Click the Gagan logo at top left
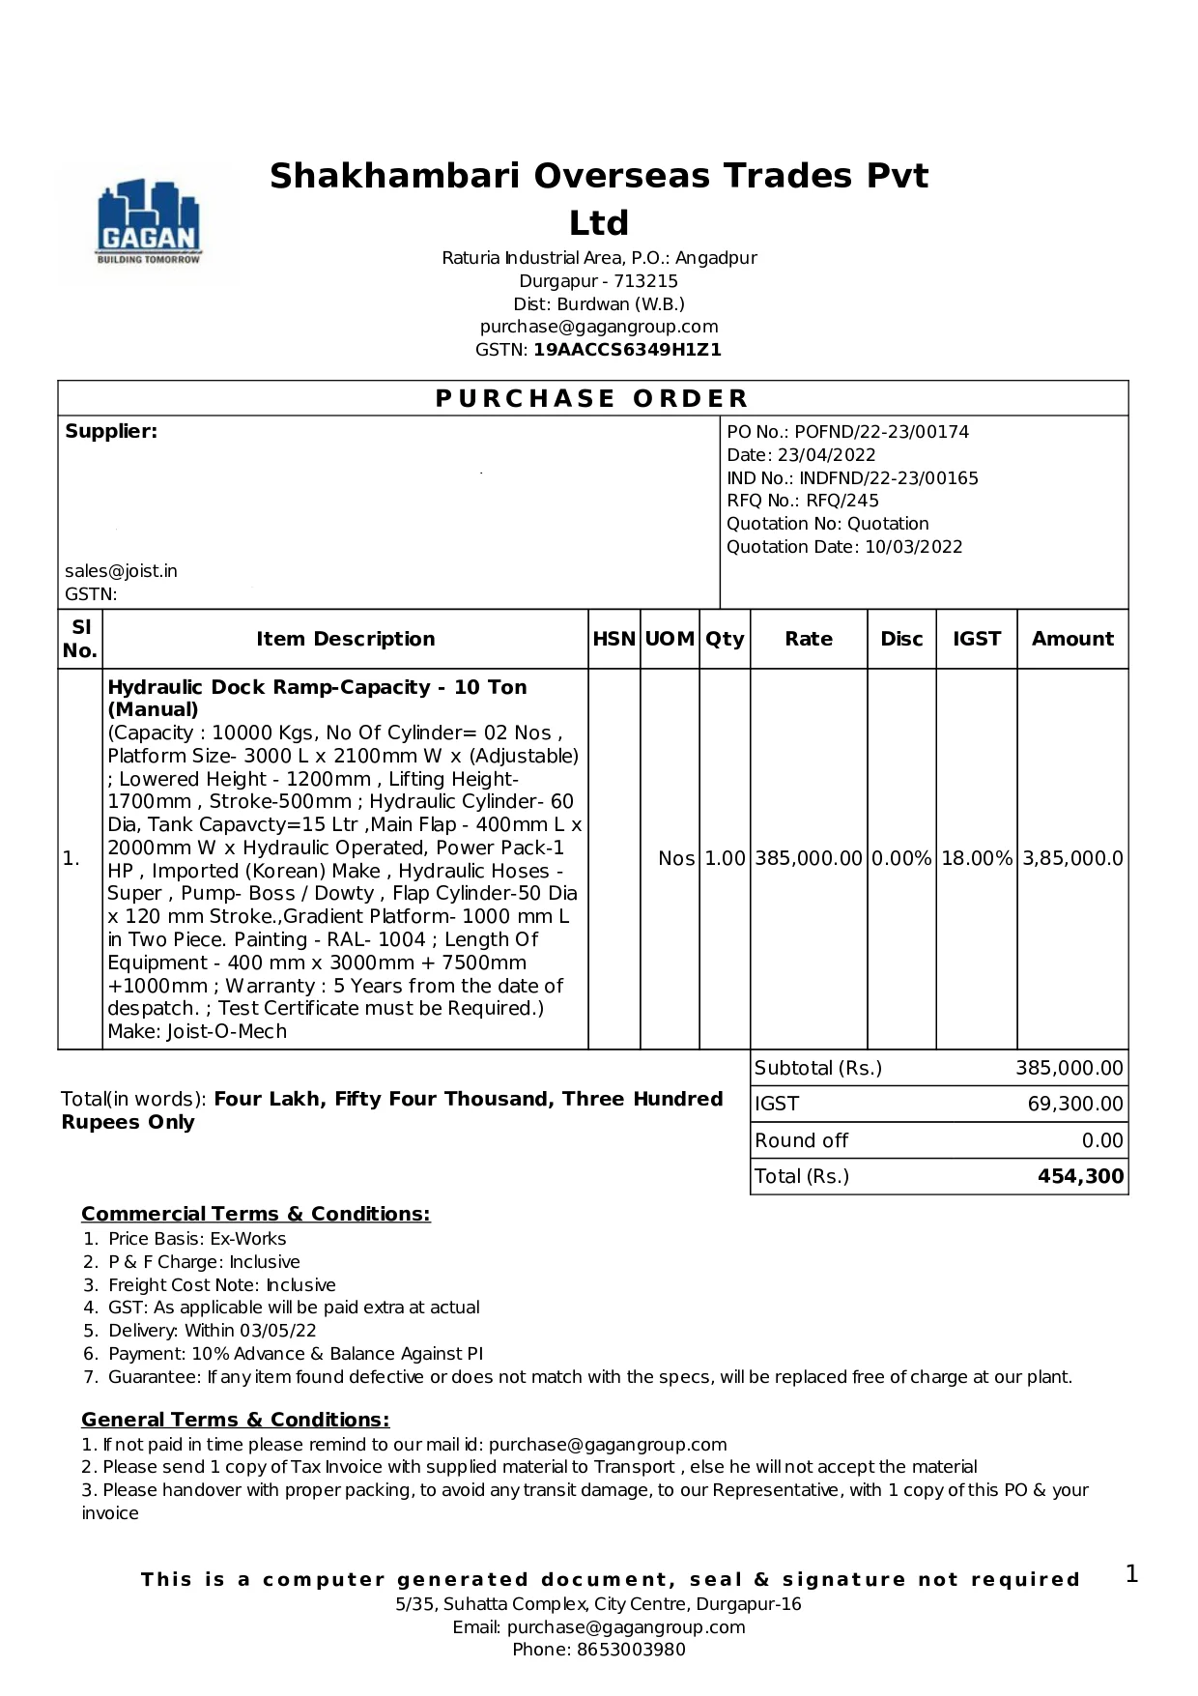click(149, 223)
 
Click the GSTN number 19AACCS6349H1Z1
click(627, 350)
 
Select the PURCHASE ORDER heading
click(592, 398)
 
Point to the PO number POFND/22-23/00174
click(881, 432)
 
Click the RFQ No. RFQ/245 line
click(803, 501)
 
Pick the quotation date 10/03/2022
click(913, 547)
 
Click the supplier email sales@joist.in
click(121, 571)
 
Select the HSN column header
click(613, 639)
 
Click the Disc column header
click(901, 639)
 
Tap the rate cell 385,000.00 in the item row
click(808, 858)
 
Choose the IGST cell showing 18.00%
click(976, 858)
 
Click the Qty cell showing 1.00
click(725, 858)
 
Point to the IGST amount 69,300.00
click(1075, 1104)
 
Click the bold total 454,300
click(1080, 1176)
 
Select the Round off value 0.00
click(1102, 1140)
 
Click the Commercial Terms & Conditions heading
click(255, 1214)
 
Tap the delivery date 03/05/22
click(279, 1331)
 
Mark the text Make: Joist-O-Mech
click(197, 1031)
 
